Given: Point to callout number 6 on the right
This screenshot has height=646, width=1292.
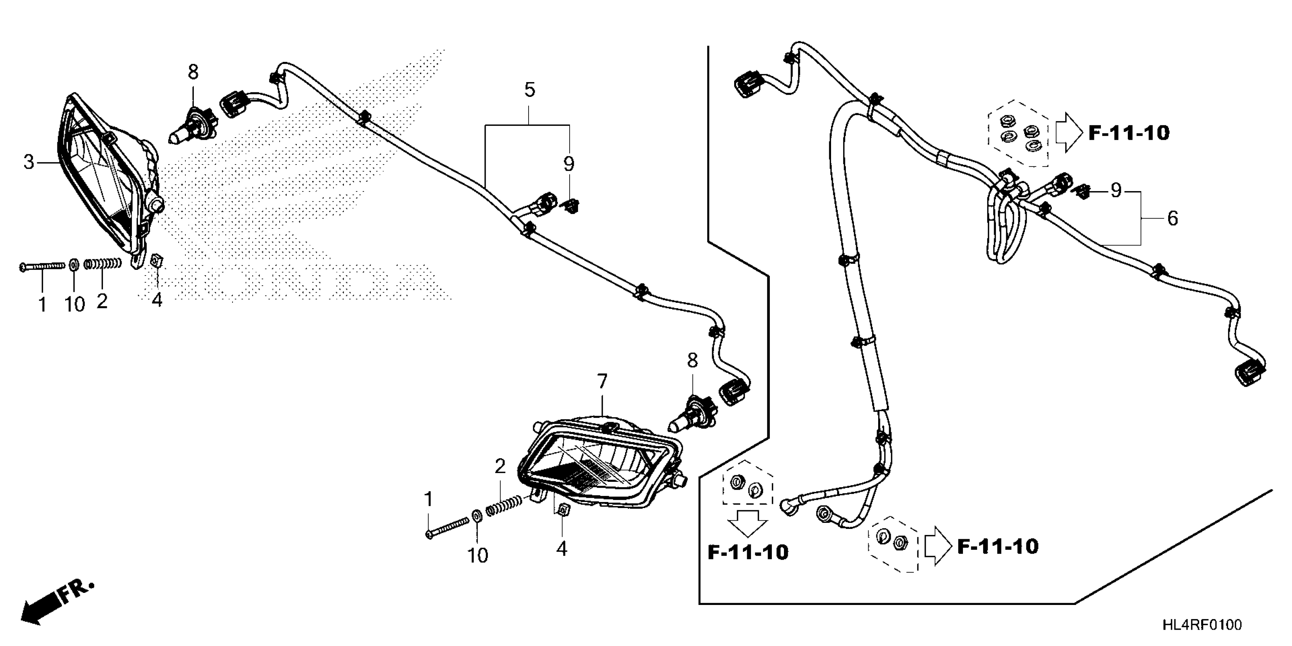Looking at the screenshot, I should [1173, 218].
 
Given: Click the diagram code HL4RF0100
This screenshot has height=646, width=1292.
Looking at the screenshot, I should [1202, 625].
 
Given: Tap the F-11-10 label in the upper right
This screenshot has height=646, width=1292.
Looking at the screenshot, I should [1129, 133].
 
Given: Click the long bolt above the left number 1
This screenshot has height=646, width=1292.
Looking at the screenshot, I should [42, 266].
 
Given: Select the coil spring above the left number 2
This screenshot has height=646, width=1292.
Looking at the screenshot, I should [103, 263].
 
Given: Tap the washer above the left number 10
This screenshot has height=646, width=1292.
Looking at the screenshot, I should [74, 264].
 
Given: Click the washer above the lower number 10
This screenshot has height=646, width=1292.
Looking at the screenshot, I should [477, 516].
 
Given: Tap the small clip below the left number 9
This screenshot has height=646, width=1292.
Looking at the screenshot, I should [571, 205].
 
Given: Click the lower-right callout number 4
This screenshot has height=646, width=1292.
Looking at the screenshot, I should [562, 549].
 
